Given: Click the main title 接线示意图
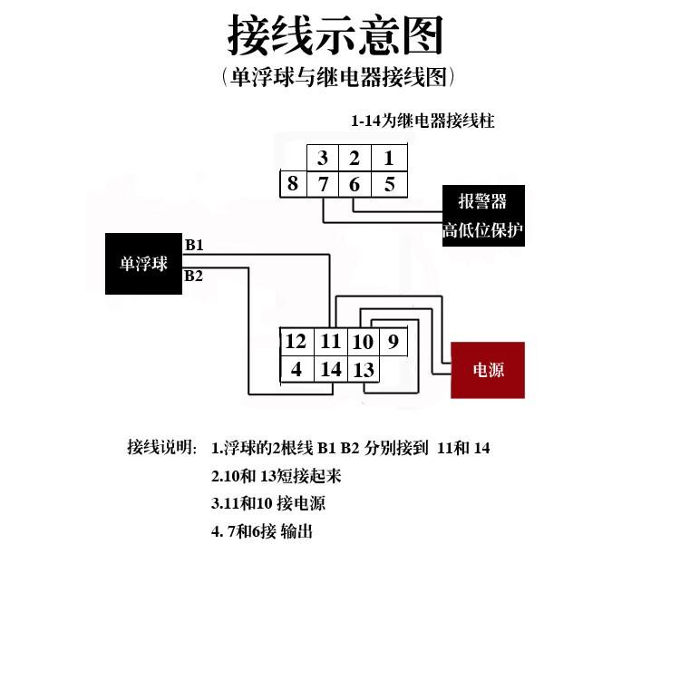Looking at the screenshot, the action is (335, 34).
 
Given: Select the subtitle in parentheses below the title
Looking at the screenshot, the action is (338, 77).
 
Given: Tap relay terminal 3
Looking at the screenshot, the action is (323, 158).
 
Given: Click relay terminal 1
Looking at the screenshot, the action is (389, 158).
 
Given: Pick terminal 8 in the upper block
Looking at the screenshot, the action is (293, 184).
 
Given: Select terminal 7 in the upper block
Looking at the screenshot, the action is (323, 184).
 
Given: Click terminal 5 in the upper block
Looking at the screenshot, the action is (390, 184).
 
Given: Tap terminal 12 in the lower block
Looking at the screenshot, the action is (296, 342).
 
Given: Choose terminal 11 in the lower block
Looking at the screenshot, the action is (330, 342).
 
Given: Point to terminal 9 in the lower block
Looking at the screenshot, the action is (393, 342).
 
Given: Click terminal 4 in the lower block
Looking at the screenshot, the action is (296, 369).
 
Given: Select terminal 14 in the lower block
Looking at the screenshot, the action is (330, 369).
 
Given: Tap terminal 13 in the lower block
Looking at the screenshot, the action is (364, 369).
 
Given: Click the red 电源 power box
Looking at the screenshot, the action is (488, 370).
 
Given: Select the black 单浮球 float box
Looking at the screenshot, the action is (143, 264).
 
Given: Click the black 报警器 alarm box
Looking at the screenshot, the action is (483, 216).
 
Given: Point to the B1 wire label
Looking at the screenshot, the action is (194, 245).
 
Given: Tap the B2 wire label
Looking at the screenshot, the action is (193, 276).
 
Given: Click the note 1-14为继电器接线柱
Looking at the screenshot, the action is (423, 121).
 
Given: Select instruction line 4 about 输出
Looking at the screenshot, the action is (262, 531).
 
